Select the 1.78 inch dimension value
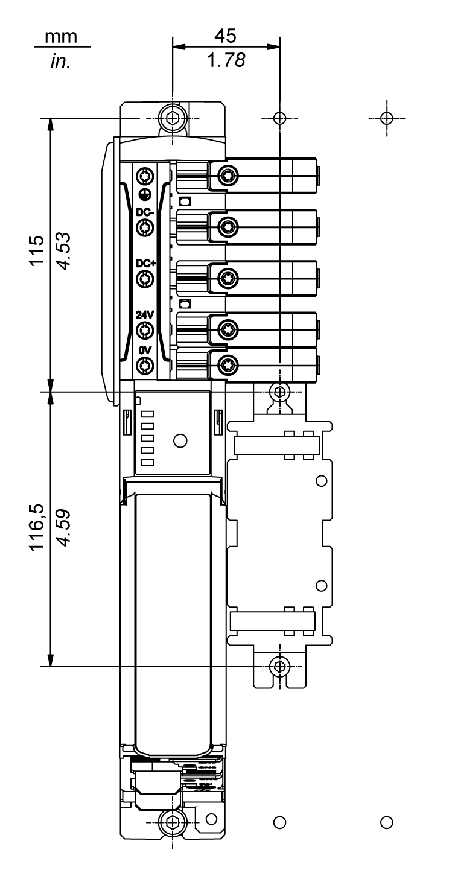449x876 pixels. pos(226,60)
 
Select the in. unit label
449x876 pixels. pos(60,61)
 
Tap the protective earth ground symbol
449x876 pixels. pos(144,194)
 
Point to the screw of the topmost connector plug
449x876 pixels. pos(228,176)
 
